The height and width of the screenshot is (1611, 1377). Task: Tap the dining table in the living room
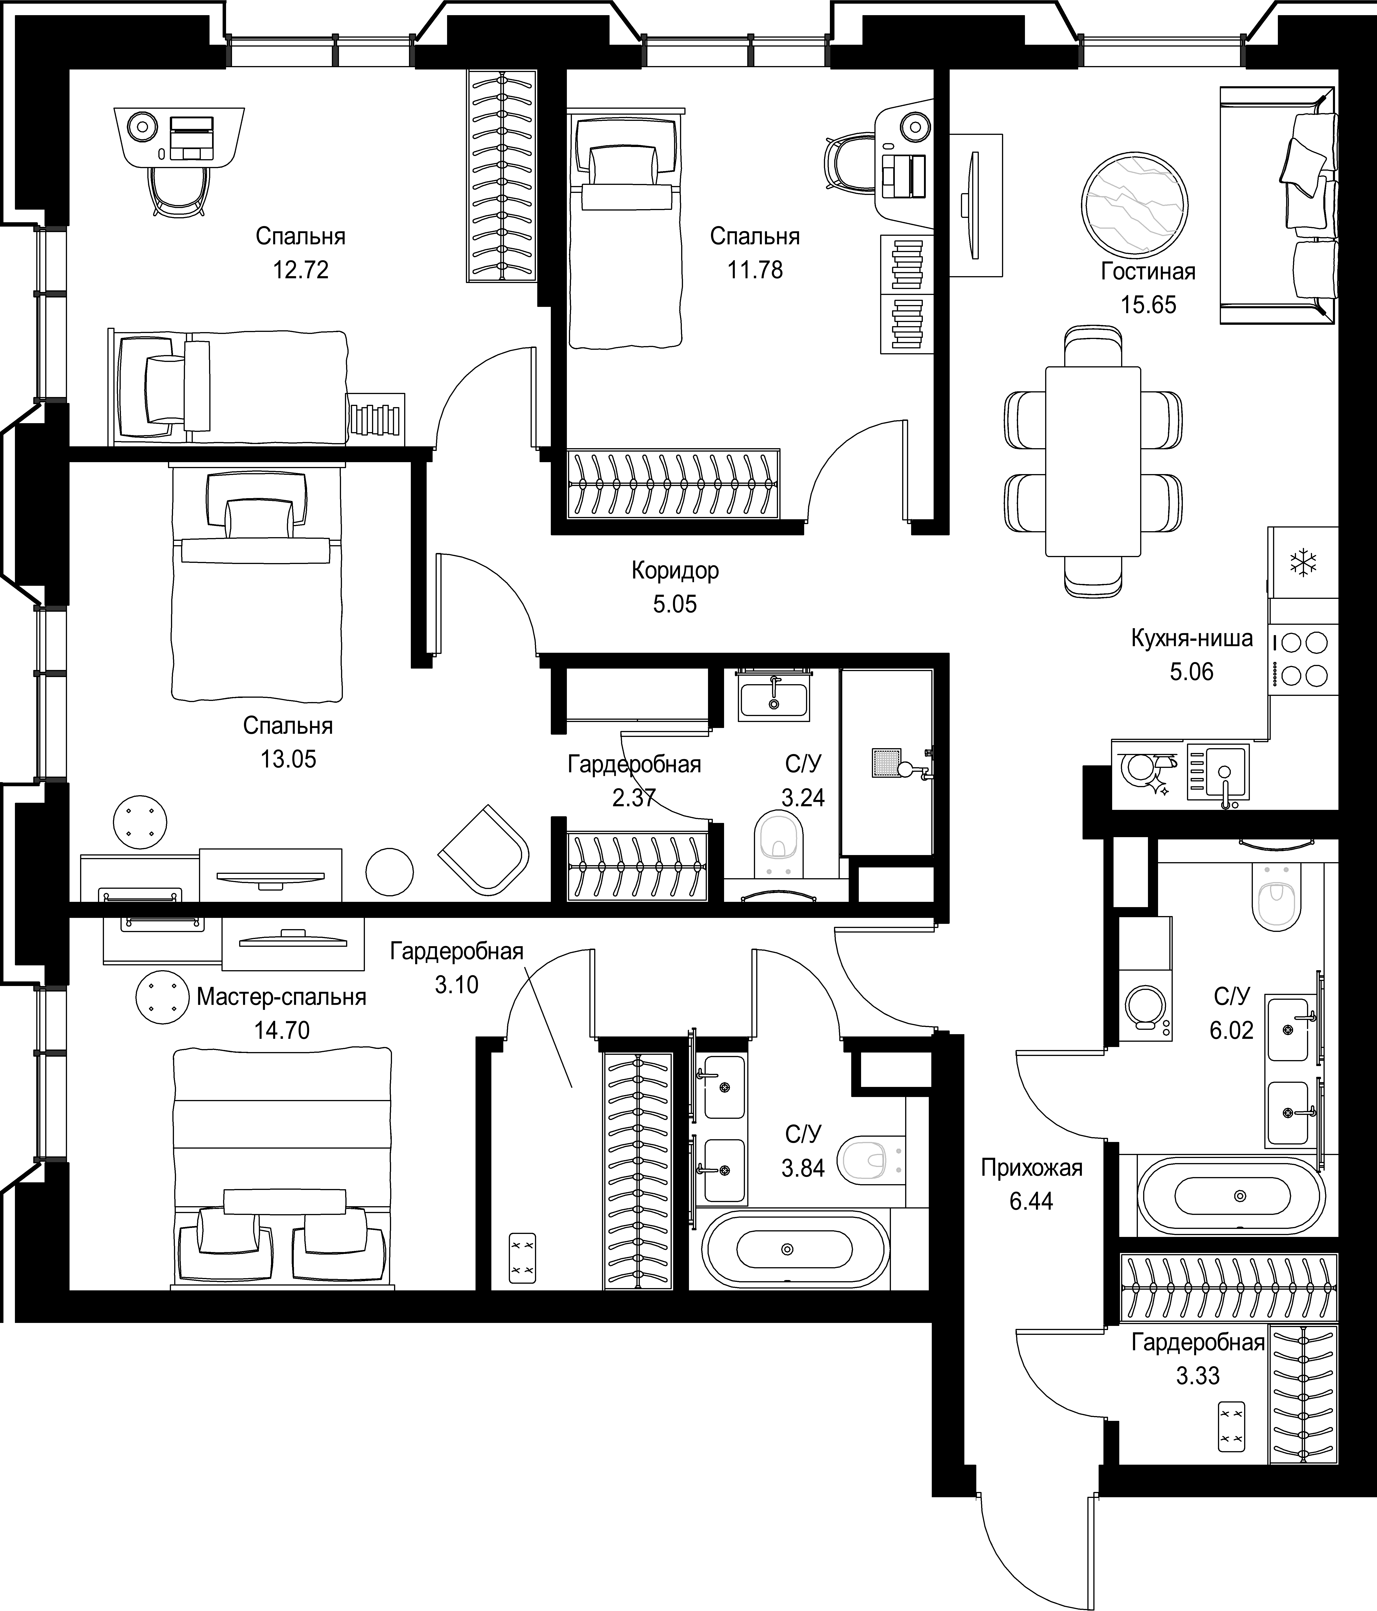(x=1093, y=461)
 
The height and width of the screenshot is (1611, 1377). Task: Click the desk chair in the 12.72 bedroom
(x=180, y=191)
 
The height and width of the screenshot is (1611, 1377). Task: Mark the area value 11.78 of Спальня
(x=755, y=270)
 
